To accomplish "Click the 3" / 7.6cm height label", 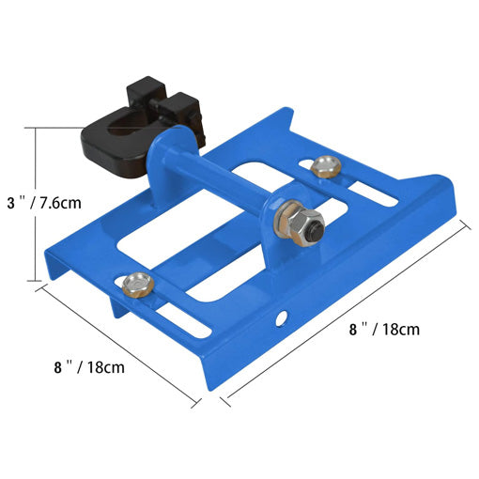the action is click(x=44, y=203).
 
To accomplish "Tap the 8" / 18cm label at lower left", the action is click(x=89, y=367).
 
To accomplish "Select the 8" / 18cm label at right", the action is click(x=384, y=330).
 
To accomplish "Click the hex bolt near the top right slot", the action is click(x=326, y=167).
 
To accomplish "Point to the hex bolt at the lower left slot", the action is click(x=138, y=286).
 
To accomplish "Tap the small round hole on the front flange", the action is click(x=283, y=317).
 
